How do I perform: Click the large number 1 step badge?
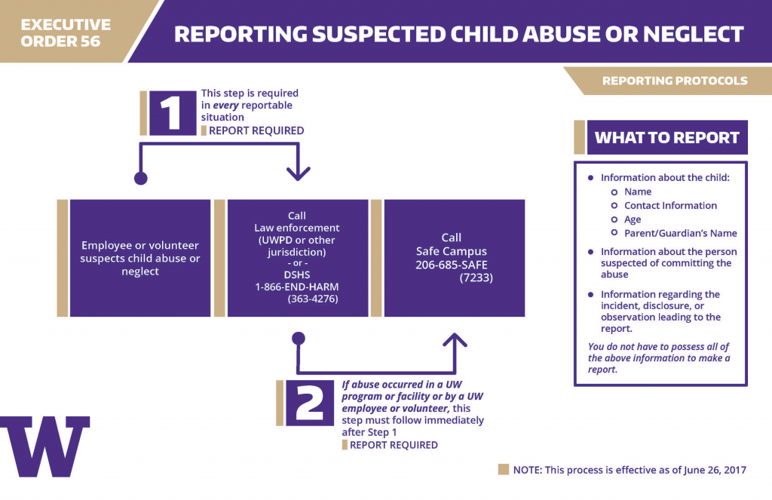tap(173, 113)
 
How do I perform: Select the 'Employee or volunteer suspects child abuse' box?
tap(140, 258)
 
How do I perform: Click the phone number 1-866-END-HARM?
tap(297, 287)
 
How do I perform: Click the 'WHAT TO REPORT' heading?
tap(666, 138)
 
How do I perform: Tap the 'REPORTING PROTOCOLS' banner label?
tap(675, 81)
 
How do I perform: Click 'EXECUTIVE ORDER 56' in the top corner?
tap(66, 33)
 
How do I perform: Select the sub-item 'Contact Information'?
tap(670, 205)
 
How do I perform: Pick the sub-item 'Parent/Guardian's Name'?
tap(680, 233)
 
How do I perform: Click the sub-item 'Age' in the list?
tap(633, 219)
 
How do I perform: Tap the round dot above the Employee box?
tap(140, 178)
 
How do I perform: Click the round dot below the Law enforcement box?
tap(299, 338)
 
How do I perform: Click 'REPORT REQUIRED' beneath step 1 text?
tap(256, 130)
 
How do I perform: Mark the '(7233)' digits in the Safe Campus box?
tap(476, 278)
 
